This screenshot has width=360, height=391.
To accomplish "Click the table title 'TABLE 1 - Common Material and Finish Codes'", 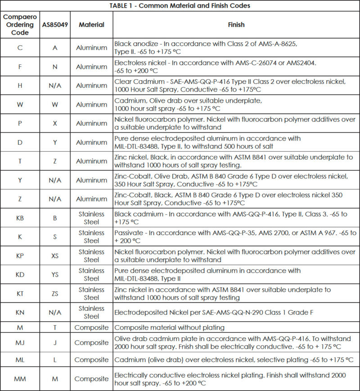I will (x=180, y=6).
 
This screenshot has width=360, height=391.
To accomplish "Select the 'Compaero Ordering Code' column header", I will (x=20, y=25).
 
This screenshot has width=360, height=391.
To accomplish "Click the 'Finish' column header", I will (x=236, y=25).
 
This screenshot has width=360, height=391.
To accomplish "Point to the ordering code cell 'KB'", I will (x=20, y=218).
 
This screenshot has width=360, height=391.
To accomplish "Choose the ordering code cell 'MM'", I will (x=20, y=379).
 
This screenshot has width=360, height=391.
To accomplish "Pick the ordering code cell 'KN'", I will (x=20, y=313).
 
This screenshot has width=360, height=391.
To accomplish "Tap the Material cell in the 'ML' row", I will (x=91, y=359).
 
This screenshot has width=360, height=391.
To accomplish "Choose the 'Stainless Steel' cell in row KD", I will (x=91, y=275).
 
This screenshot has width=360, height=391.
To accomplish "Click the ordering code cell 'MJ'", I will (x=20, y=343).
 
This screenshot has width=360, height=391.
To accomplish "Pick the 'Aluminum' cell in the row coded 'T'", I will (x=91, y=161).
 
